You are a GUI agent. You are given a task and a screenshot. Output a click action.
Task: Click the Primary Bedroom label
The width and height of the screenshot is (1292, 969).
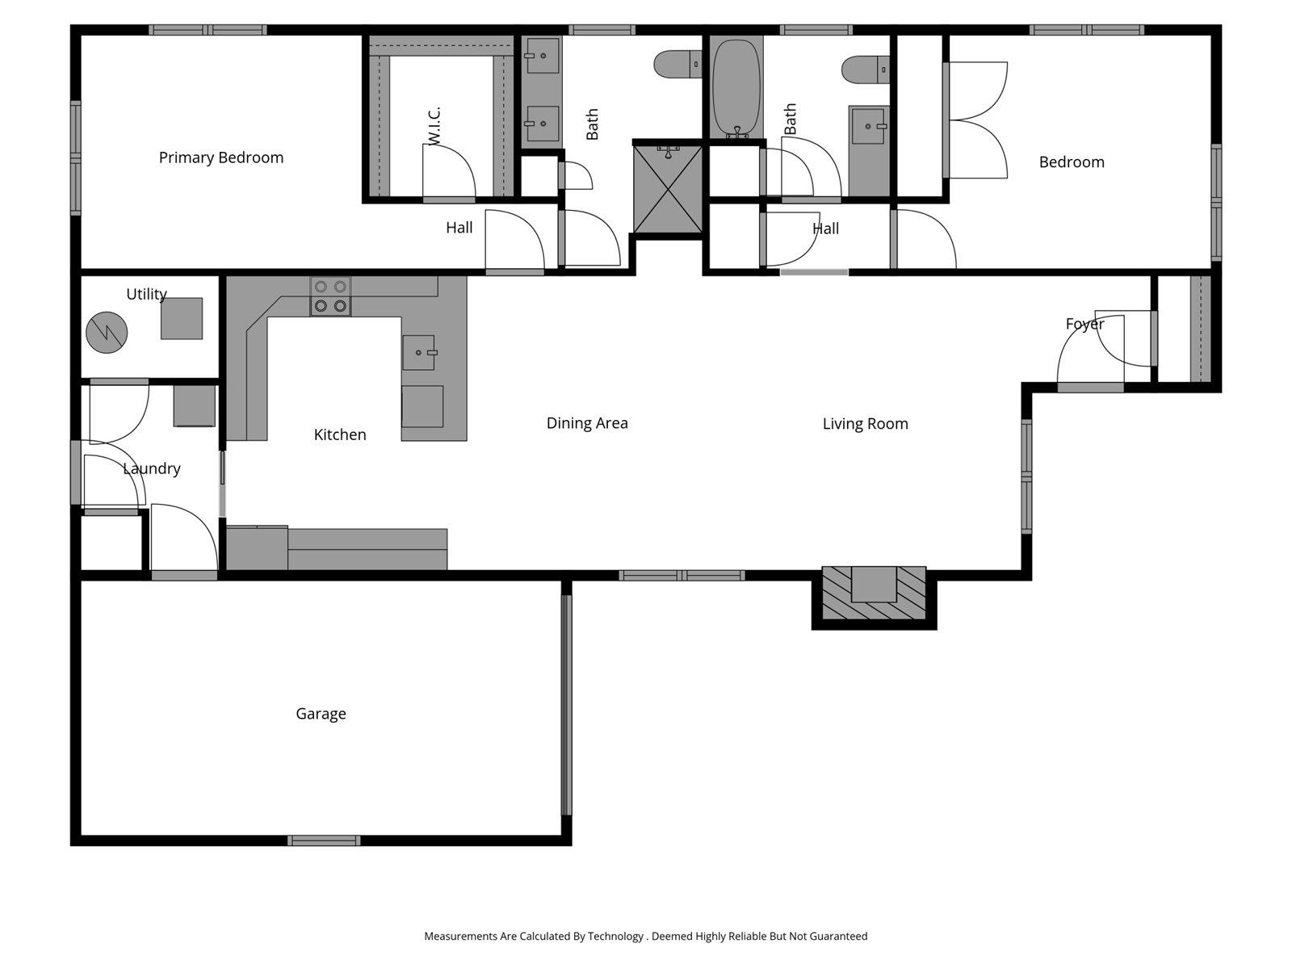(x=220, y=157)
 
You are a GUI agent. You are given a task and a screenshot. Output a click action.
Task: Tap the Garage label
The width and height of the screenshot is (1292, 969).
(x=321, y=714)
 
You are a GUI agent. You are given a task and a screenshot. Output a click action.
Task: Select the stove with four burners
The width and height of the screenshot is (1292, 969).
(x=331, y=296)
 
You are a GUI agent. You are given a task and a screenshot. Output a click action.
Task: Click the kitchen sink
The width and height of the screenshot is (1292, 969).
(x=419, y=353)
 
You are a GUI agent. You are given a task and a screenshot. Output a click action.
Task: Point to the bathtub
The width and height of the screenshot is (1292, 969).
(x=736, y=87)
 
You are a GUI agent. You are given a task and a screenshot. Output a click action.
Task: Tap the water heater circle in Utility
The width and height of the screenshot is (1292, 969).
(x=107, y=332)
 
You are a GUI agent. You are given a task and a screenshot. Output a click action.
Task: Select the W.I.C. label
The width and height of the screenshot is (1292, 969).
(x=434, y=127)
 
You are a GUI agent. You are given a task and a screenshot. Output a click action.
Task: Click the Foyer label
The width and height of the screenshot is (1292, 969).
(x=1084, y=324)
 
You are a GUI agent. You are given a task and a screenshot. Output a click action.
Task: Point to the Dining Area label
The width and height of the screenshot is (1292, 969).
(x=587, y=423)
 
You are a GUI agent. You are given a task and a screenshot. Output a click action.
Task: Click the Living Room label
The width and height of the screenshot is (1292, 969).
(x=865, y=424)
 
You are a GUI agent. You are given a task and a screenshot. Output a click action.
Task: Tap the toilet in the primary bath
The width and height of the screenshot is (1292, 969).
(x=677, y=64)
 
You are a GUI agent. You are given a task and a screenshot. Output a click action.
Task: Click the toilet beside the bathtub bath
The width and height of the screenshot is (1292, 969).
(x=865, y=69)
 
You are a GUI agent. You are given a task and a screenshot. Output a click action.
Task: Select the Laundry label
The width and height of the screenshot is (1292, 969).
(x=151, y=468)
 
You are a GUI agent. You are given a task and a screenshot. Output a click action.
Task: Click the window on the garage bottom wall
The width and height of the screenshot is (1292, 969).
(x=324, y=841)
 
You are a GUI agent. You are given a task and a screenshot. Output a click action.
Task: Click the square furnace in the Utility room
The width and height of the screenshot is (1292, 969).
(x=182, y=318)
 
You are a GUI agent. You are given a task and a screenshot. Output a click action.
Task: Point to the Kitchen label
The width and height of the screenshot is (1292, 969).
(x=340, y=434)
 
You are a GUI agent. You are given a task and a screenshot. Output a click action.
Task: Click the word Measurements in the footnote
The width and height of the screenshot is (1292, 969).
(x=460, y=937)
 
